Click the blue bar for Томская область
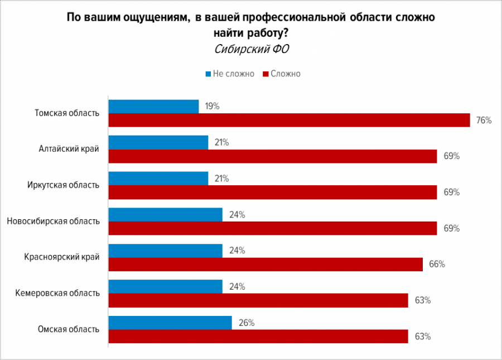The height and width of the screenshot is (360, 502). pyautogui.click(x=153, y=107)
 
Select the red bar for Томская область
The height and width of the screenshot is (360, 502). pyautogui.click(x=289, y=120)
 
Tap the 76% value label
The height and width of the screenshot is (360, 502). pyautogui.click(x=484, y=120)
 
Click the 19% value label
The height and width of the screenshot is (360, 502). pyautogui.click(x=211, y=106)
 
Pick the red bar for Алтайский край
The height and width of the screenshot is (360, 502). pyautogui.click(x=272, y=156)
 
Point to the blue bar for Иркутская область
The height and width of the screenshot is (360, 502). pyautogui.click(x=158, y=179)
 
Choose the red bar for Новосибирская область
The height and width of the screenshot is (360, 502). pyautogui.click(x=272, y=228)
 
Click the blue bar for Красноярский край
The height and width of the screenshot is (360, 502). pyautogui.click(x=165, y=251)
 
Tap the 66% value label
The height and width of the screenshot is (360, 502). pyautogui.click(x=437, y=265)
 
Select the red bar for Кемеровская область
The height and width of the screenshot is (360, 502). pyautogui.click(x=258, y=300)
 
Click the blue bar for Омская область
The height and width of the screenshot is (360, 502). pyautogui.click(x=170, y=323)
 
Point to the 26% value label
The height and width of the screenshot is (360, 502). pyautogui.click(x=246, y=323)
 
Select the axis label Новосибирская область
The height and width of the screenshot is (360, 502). pyautogui.click(x=54, y=221)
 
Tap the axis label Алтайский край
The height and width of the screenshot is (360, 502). pyautogui.click(x=69, y=149)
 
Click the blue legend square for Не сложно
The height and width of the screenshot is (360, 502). pyautogui.click(x=208, y=74)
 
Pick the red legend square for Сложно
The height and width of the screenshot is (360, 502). pyautogui.click(x=266, y=74)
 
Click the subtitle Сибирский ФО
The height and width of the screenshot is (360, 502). pyautogui.click(x=251, y=49)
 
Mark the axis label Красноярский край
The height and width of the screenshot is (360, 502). pyautogui.click(x=62, y=257)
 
